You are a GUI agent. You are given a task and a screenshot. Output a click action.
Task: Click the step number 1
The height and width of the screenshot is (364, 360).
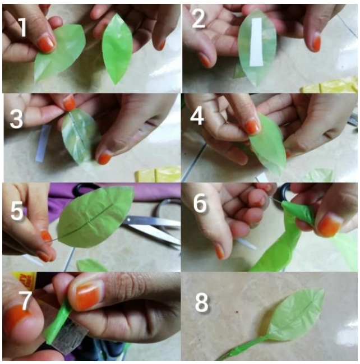(x=23, y=27)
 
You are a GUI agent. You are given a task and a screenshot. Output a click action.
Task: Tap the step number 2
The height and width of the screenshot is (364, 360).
(x=199, y=19)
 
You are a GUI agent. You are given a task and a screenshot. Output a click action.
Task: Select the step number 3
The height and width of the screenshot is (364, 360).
(x=16, y=119)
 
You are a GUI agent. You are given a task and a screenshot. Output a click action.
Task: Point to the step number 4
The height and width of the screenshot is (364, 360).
(x=197, y=116)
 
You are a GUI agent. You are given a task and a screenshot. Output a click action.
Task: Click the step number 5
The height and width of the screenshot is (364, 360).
(x=17, y=211)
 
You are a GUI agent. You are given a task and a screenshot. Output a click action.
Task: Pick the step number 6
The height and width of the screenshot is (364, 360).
(x=200, y=204)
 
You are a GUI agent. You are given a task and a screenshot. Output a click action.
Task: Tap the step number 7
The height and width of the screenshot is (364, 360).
(x=25, y=301)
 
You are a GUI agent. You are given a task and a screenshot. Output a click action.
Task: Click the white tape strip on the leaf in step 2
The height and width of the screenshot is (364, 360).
(x=256, y=42)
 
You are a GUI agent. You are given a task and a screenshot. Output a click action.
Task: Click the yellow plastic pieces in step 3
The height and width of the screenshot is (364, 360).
(x=158, y=174)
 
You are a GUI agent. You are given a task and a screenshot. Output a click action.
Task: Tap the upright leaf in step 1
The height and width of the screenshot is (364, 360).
(x=116, y=49)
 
